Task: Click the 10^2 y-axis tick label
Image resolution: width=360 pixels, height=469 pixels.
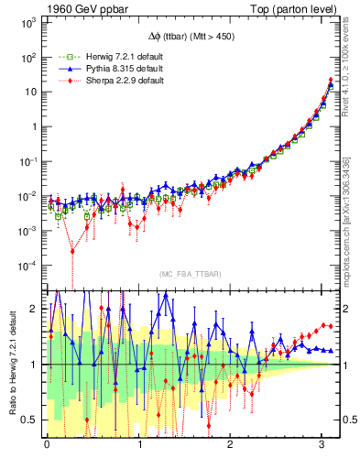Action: click(x=27, y=57)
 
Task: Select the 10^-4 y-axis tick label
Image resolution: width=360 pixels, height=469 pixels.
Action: click(x=27, y=266)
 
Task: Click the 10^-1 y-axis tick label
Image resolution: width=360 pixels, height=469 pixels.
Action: click(x=27, y=161)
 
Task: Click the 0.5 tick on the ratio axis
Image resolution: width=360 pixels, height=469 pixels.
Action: click(x=30, y=420)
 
